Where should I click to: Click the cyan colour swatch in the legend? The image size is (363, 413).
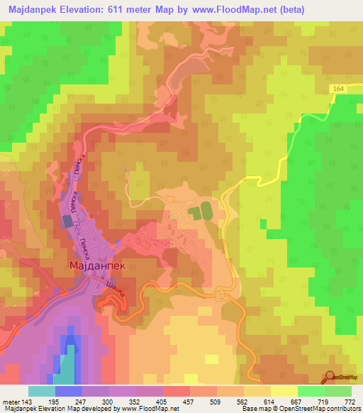42,391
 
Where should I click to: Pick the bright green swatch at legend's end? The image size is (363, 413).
337,391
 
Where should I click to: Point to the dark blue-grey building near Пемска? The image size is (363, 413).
68,221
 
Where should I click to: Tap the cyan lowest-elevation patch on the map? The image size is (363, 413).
65,363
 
